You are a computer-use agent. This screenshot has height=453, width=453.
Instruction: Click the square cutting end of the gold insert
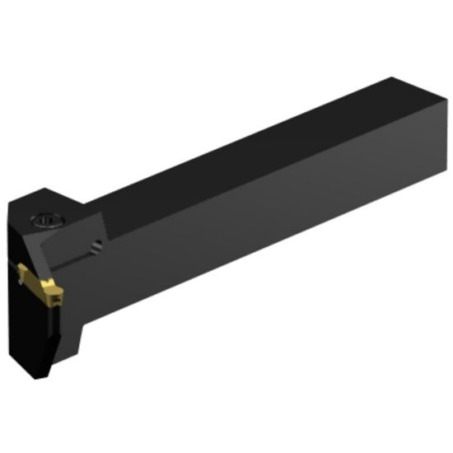point(53,292)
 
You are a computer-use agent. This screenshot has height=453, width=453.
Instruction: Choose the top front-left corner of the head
point(11,205)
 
